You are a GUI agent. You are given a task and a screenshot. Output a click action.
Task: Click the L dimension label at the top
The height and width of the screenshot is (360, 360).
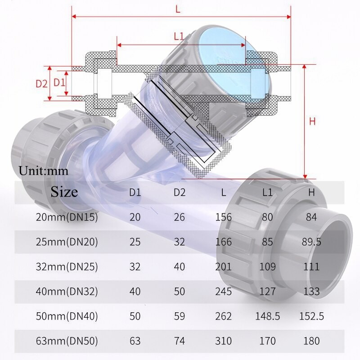pos(178,9)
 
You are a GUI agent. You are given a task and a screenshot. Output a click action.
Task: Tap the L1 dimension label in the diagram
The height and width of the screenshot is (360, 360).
pos(179,37)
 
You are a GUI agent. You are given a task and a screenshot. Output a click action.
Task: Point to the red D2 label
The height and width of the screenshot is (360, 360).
pos(41,83)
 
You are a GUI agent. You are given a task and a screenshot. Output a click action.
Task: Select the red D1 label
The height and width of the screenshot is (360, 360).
pos(59,82)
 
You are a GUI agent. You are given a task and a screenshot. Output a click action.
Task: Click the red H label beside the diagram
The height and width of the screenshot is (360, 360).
pos(312,121)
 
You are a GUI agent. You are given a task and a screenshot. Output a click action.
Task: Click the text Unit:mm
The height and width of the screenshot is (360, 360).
pos(44,171)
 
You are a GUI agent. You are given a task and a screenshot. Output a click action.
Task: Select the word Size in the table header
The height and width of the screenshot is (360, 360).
pos(64,192)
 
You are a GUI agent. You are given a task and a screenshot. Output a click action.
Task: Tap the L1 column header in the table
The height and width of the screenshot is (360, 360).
pos(268,193)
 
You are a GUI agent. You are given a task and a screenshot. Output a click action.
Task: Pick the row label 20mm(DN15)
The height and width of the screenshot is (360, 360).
pos(67,217)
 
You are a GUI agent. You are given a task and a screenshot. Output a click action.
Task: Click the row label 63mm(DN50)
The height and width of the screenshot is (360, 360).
pos(67,340)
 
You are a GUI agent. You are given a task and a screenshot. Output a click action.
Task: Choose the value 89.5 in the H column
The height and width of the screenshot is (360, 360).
pos(311,242)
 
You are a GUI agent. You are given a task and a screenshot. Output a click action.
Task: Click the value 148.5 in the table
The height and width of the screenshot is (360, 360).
pos(268,316)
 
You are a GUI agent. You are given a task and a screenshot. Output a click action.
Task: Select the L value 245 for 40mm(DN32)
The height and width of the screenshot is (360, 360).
pos(224,291)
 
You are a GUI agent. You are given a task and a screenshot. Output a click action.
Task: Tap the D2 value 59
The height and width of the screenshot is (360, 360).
pos(180,316)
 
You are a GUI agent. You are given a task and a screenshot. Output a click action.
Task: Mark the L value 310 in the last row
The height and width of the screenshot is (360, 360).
pos(224,340)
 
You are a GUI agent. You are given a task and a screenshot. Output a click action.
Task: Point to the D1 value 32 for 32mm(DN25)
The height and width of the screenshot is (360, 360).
pos(135,266)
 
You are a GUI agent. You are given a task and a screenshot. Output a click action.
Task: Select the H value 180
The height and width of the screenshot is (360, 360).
pos(311,340)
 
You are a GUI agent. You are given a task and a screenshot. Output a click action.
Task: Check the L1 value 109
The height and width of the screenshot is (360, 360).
pos(268,266)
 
